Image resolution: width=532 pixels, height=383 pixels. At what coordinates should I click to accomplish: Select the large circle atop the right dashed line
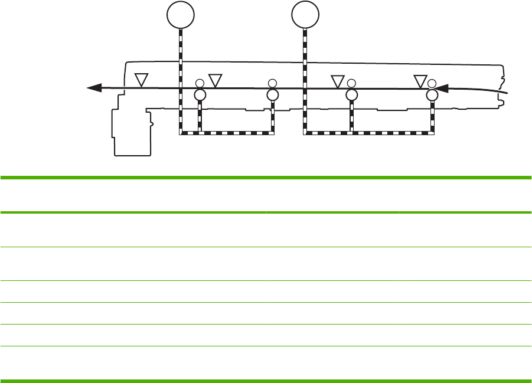[305, 15]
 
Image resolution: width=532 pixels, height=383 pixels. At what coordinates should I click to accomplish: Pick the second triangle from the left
[216, 80]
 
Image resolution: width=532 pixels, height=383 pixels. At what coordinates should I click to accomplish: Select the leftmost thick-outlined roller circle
[200, 95]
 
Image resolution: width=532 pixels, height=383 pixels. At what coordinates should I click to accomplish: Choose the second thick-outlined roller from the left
[272, 95]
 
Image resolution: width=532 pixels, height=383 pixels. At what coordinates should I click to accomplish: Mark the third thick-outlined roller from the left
[352, 95]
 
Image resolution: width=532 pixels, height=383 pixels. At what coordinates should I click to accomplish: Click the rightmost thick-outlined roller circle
[432, 95]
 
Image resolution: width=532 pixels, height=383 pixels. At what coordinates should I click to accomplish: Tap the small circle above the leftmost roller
[200, 83]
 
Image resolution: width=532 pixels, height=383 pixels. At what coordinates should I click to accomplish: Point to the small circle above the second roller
[272, 83]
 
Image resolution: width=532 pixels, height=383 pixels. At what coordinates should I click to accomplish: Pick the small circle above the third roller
[352, 83]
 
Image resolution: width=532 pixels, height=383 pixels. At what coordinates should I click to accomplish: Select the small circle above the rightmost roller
[432, 83]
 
